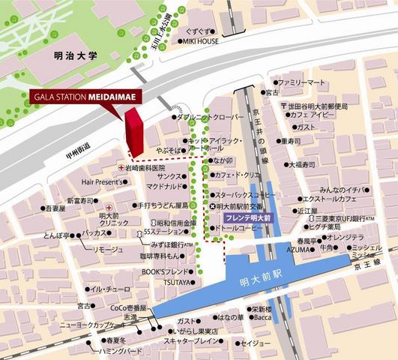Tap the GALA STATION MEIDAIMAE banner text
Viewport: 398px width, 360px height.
coord(85,97)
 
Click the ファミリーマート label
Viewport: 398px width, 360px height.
coord(302,81)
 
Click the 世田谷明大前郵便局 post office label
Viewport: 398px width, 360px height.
coord(319,106)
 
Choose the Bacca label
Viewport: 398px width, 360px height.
coord(262,317)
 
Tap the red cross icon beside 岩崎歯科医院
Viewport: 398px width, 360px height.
coord(119,169)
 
